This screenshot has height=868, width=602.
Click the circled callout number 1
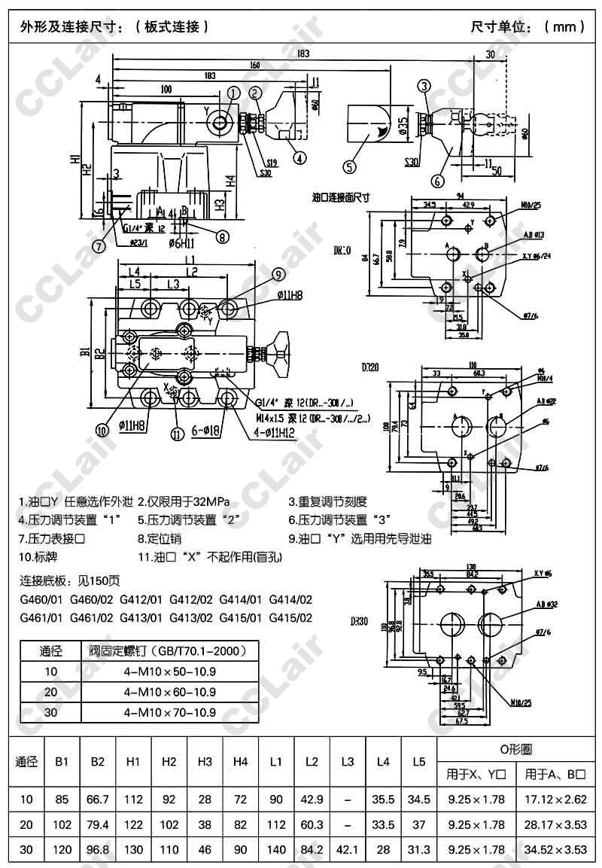pos(234,93)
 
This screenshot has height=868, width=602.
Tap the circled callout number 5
pos(351,166)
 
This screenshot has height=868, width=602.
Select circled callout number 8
pos(221,236)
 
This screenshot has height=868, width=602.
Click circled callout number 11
pos(177,433)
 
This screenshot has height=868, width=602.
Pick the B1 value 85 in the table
pos(62,799)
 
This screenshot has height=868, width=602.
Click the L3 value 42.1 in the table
pos(347,850)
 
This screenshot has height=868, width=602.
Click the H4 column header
pos(240,762)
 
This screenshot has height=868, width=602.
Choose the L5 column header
pos(418,762)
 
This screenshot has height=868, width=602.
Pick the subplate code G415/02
pos(290,618)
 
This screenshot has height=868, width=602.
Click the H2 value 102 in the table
pos(169,824)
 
